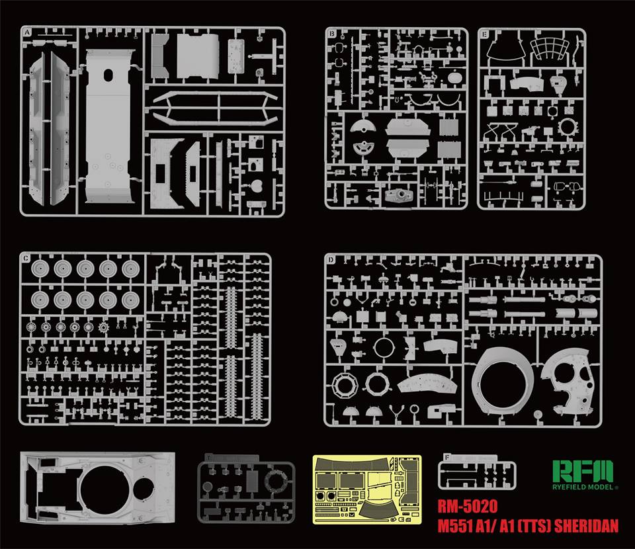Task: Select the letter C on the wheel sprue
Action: [25, 257]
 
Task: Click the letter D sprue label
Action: [329, 259]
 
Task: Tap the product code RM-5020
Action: [468, 509]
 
